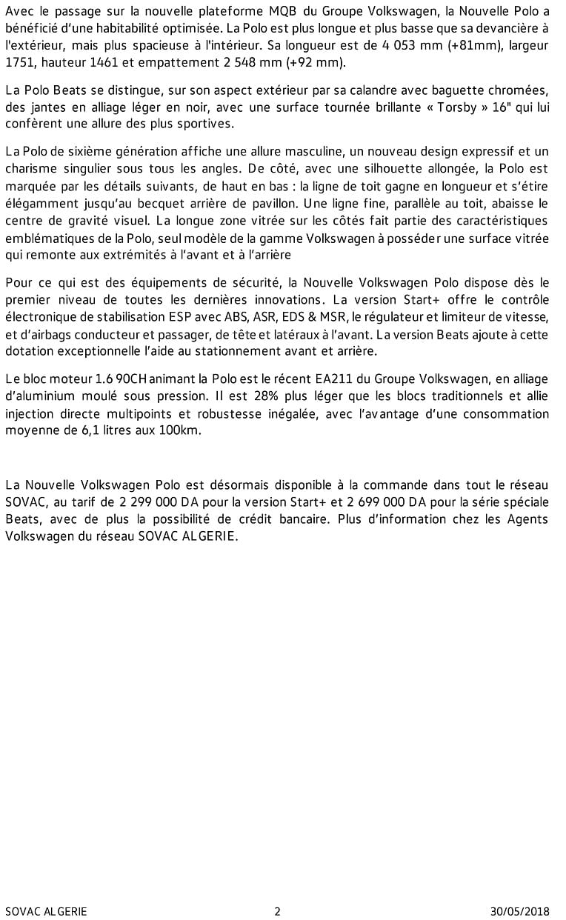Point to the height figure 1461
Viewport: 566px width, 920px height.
(101, 63)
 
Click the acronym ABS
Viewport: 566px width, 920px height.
(237, 316)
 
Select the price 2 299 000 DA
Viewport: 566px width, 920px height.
(156, 502)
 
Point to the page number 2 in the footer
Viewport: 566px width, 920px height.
(277, 911)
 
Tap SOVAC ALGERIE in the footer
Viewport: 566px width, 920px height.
(46, 911)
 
